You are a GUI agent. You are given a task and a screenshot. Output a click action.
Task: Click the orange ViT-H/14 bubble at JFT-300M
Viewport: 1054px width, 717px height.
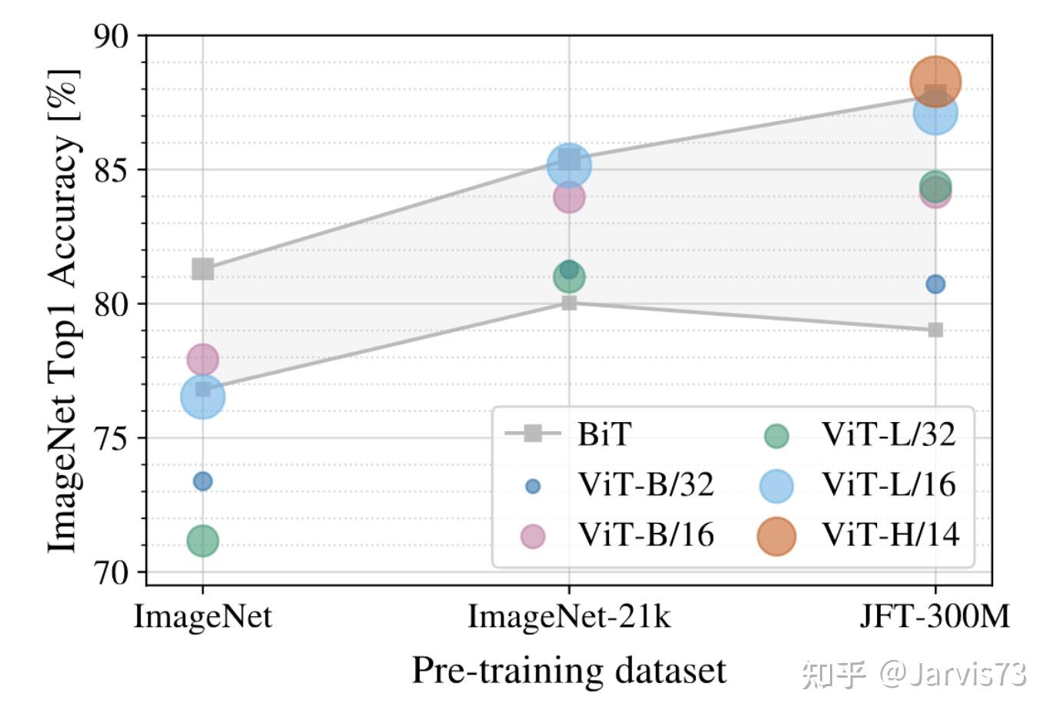click(x=935, y=80)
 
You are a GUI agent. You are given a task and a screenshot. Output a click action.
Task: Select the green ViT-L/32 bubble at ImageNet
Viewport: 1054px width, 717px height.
click(x=202, y=541)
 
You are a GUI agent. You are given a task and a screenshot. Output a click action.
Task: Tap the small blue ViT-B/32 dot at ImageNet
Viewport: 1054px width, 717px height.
click(x=202, y=481)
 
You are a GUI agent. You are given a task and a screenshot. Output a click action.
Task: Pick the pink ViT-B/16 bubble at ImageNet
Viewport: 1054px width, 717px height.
click(x=202, y=359)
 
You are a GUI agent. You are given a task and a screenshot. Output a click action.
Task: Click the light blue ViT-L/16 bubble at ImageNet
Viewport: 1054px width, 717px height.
click(x=202, y=397)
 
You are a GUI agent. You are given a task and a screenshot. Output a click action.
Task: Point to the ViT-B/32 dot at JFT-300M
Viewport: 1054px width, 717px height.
click(x=935, y=284)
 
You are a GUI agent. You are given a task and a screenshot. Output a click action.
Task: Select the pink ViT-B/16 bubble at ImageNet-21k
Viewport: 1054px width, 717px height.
click(x=569, y=197)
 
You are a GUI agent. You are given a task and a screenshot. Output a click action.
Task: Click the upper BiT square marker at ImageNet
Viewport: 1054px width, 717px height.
click(x=202, y=269)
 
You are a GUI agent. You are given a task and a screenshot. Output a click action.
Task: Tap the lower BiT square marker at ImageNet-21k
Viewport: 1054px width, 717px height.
click(x=569, y=303)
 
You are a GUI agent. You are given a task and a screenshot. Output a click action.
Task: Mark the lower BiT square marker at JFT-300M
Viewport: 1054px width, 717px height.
click(x=935, y=330)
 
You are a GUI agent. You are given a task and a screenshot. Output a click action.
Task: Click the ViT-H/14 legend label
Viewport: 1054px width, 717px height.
click(x=890, y=534)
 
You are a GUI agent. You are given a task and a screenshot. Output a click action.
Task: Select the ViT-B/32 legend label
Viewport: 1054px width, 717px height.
click(x=646, y=485)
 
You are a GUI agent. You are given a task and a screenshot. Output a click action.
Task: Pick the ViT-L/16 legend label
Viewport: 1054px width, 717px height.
click(x=888, y=485)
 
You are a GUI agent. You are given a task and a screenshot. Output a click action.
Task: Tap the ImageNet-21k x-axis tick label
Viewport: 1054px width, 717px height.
click(x=569, y=618)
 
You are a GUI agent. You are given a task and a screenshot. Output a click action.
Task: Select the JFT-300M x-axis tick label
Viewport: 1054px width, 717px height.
click(x=935, y=618)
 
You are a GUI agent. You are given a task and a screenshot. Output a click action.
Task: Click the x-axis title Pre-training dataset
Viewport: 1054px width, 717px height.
click(x=569, y=671)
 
